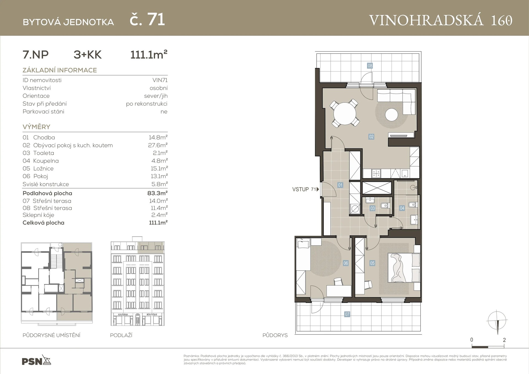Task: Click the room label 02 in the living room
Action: [371, 137]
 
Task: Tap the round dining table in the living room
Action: [344, 113]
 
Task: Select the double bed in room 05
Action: [404, 268]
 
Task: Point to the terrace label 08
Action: [370, 66]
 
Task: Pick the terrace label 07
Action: [347, 314]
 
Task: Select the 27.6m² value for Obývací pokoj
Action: [158, 145]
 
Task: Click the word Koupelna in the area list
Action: [46, 161]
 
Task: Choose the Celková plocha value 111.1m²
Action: [158, 223]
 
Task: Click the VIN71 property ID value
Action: [160, 80]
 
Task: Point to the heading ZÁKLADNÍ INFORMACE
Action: [60, 70]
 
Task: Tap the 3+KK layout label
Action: [88, 55]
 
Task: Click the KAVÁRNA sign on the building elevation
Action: [123, 315]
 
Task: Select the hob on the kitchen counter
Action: [376, 174]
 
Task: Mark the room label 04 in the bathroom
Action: [402, 208]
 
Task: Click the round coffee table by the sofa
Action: [392, 115]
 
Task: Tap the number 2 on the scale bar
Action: [504, 340]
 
